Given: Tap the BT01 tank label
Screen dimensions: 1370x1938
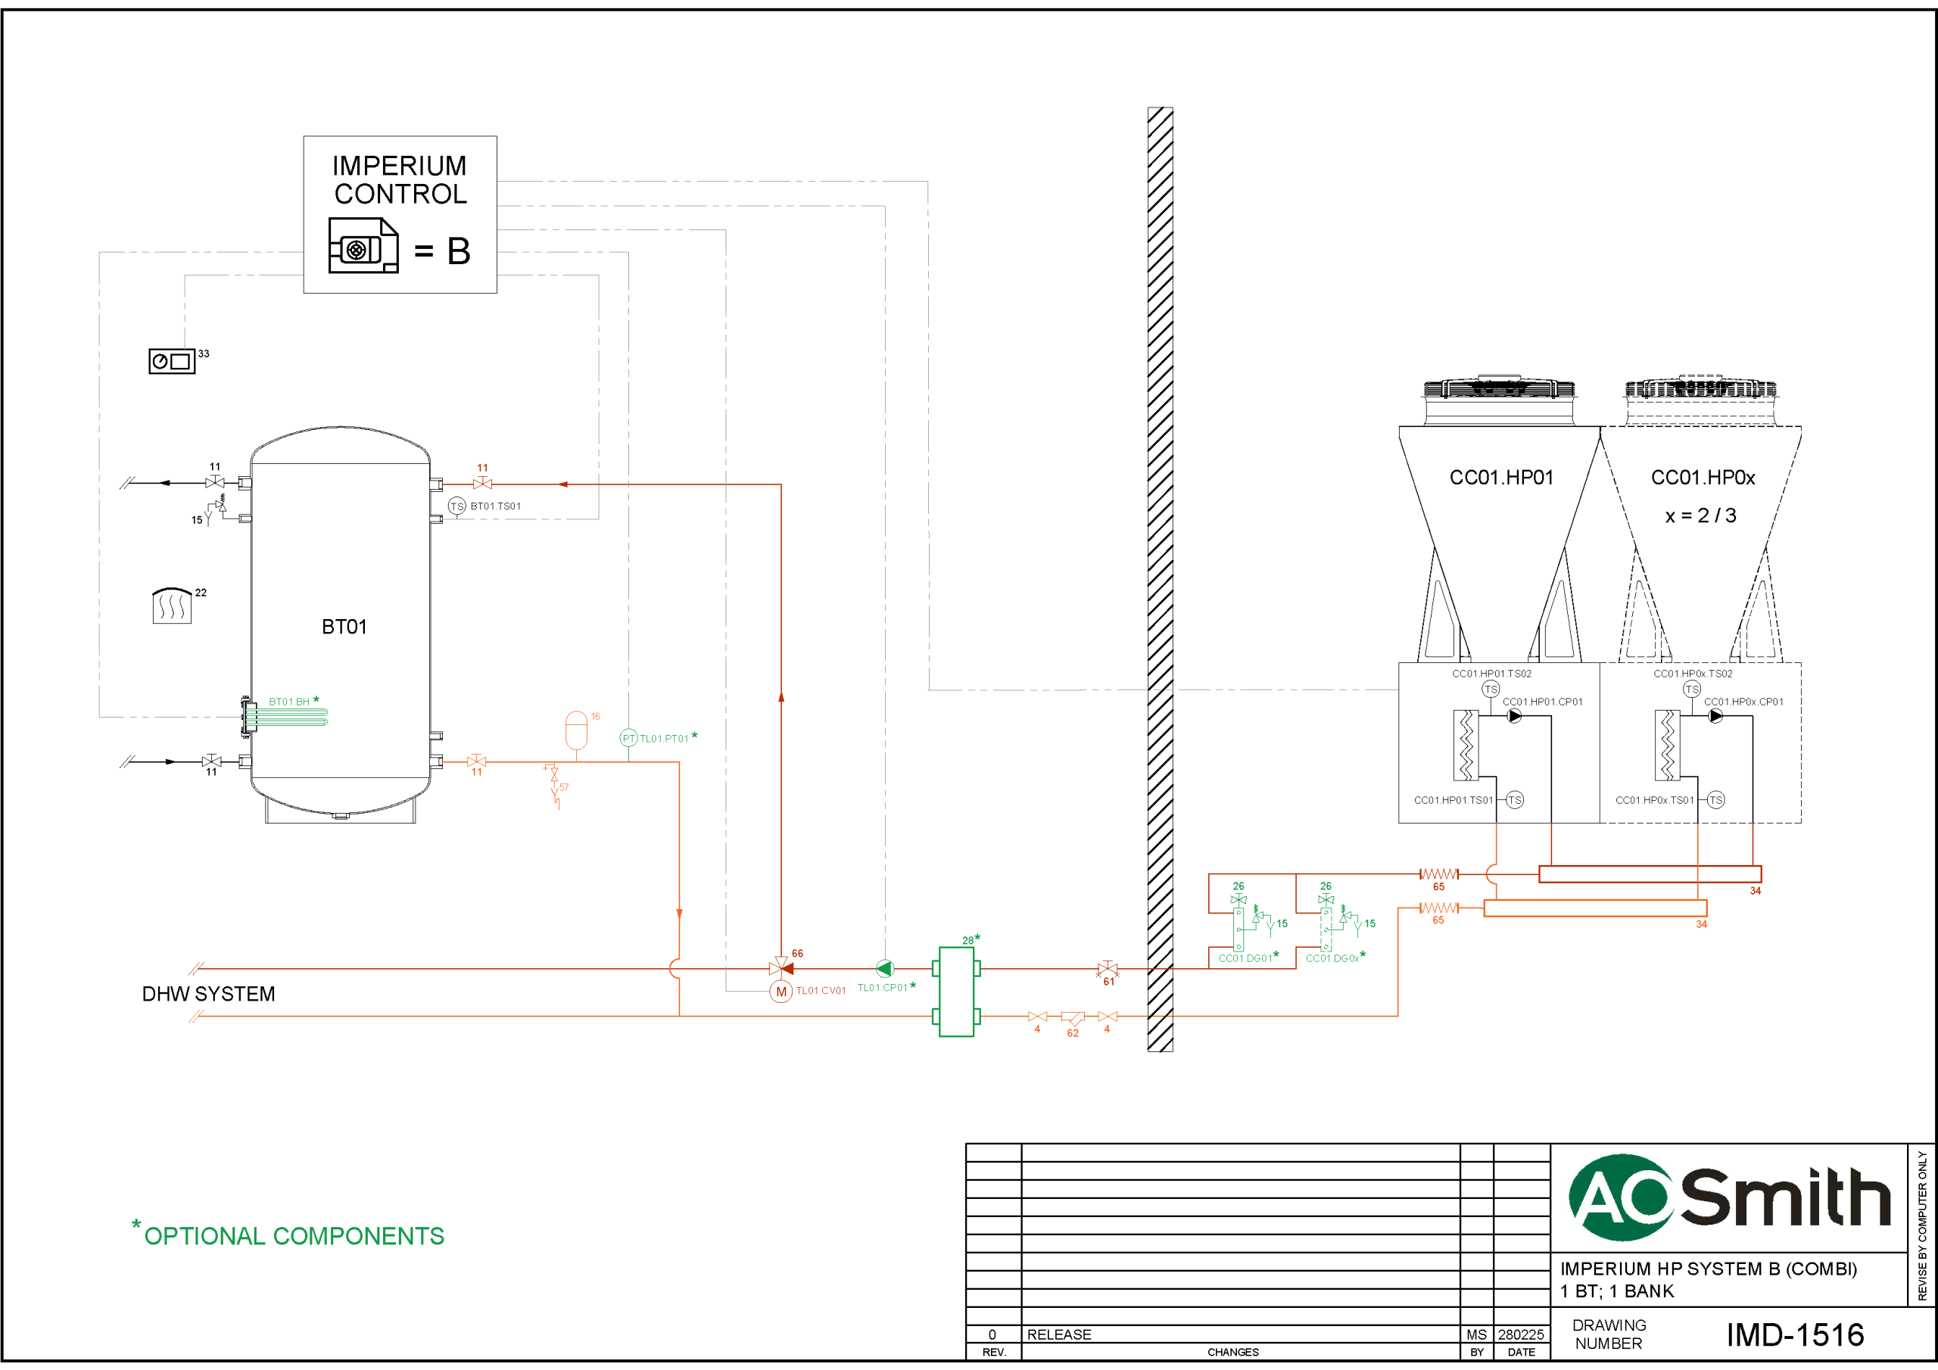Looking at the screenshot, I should [344, 626].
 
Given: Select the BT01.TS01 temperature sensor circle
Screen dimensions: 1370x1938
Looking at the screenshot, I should [456, 506].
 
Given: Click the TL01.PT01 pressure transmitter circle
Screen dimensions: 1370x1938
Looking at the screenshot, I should [628, 739].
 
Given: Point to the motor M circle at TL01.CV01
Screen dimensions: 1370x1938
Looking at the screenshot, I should [780, 992].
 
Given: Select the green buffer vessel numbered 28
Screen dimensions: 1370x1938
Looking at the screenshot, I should [956, 992].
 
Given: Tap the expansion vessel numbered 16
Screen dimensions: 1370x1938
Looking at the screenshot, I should [575, 730].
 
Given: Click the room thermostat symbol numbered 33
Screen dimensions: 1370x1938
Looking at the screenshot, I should [171, 361].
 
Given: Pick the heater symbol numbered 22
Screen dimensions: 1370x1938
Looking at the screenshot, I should [171, 606].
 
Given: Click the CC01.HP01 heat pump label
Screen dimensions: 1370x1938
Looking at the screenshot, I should [1500, 478].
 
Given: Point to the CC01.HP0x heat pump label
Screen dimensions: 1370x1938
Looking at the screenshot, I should [1703, 478].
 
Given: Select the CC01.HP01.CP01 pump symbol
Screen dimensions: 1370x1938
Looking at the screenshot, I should [1514, 716].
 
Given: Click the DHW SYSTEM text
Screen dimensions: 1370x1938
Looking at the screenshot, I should [207, 994].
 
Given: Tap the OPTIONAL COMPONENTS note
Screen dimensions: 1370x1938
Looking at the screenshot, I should [293, 1236].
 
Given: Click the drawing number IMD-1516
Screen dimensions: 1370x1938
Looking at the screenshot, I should [1794, 1334].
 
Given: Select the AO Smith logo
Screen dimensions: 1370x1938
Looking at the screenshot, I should [1728, 1197].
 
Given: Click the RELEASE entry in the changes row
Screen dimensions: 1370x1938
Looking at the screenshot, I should [1058, 1334].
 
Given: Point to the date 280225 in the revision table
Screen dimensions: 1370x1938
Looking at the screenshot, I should [1520, 1334].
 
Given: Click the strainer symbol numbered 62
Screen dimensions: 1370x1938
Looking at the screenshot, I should [1072, 1018].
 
